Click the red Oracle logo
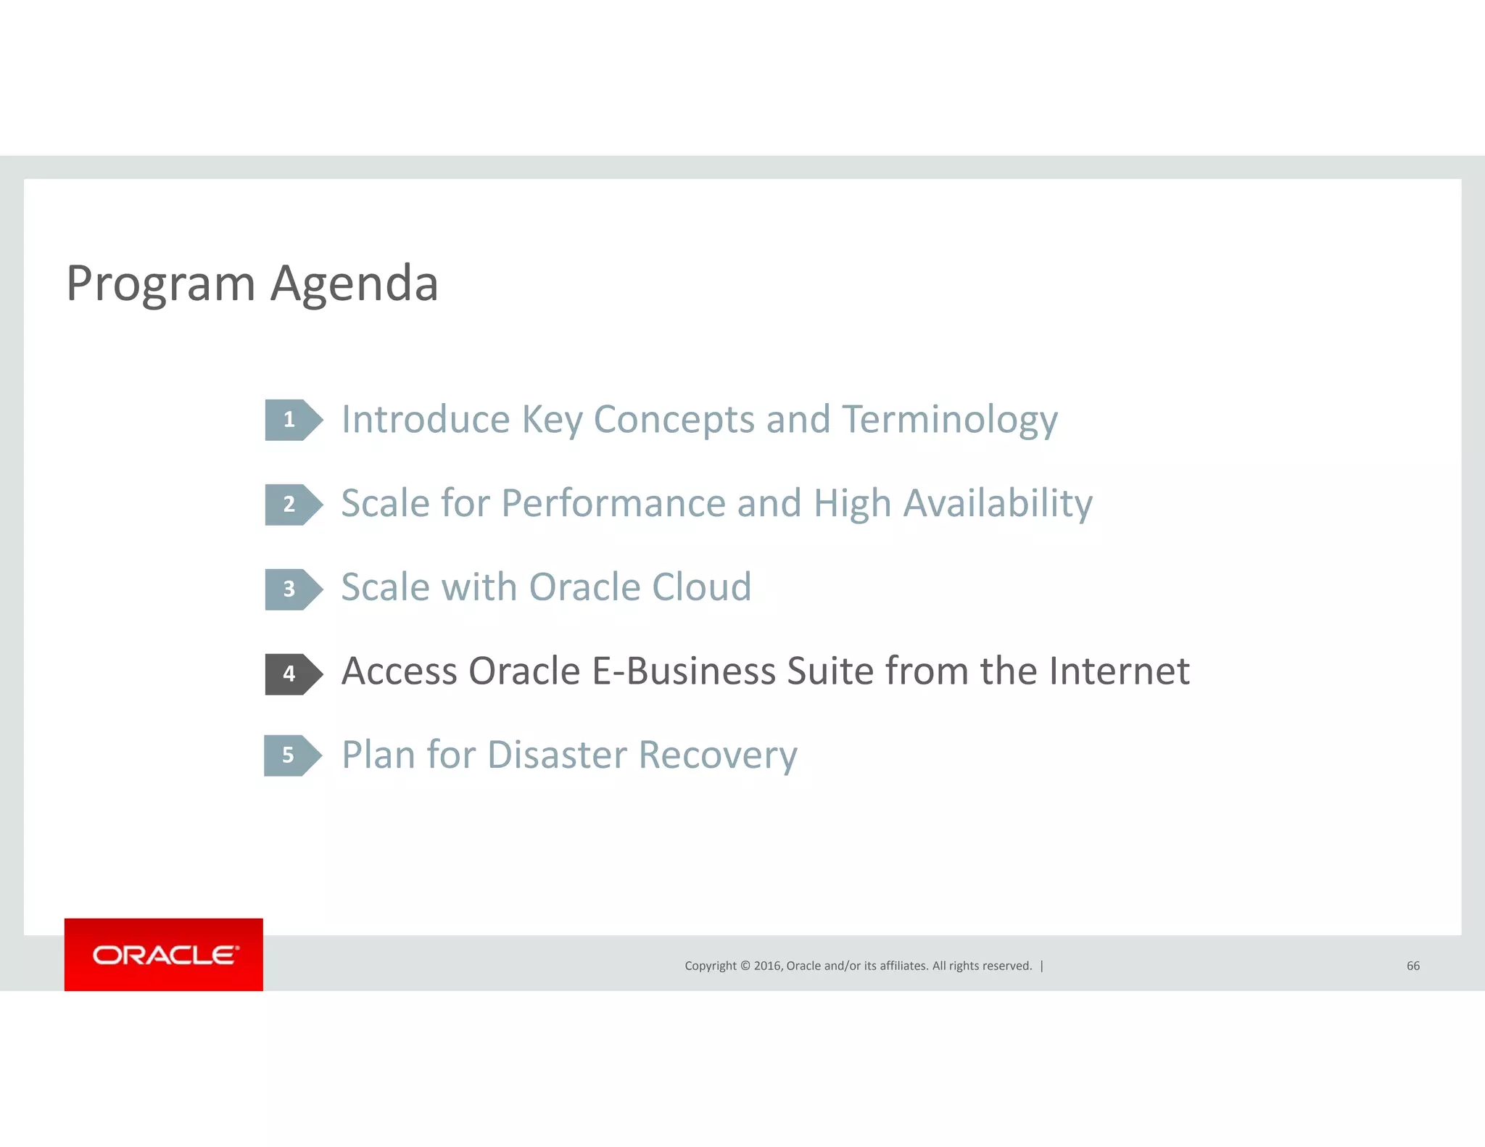tap(164, 954)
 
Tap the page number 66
tap(1412, 966)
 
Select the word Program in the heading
tap(160, 284)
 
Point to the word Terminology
tap(950, 420)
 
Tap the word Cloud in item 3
tap(701, 587)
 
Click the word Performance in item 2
tap(613, 504)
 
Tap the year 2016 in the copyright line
tap(767, 966)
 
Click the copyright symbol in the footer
tap(745, 966)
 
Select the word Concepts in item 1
tap(674, 420)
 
